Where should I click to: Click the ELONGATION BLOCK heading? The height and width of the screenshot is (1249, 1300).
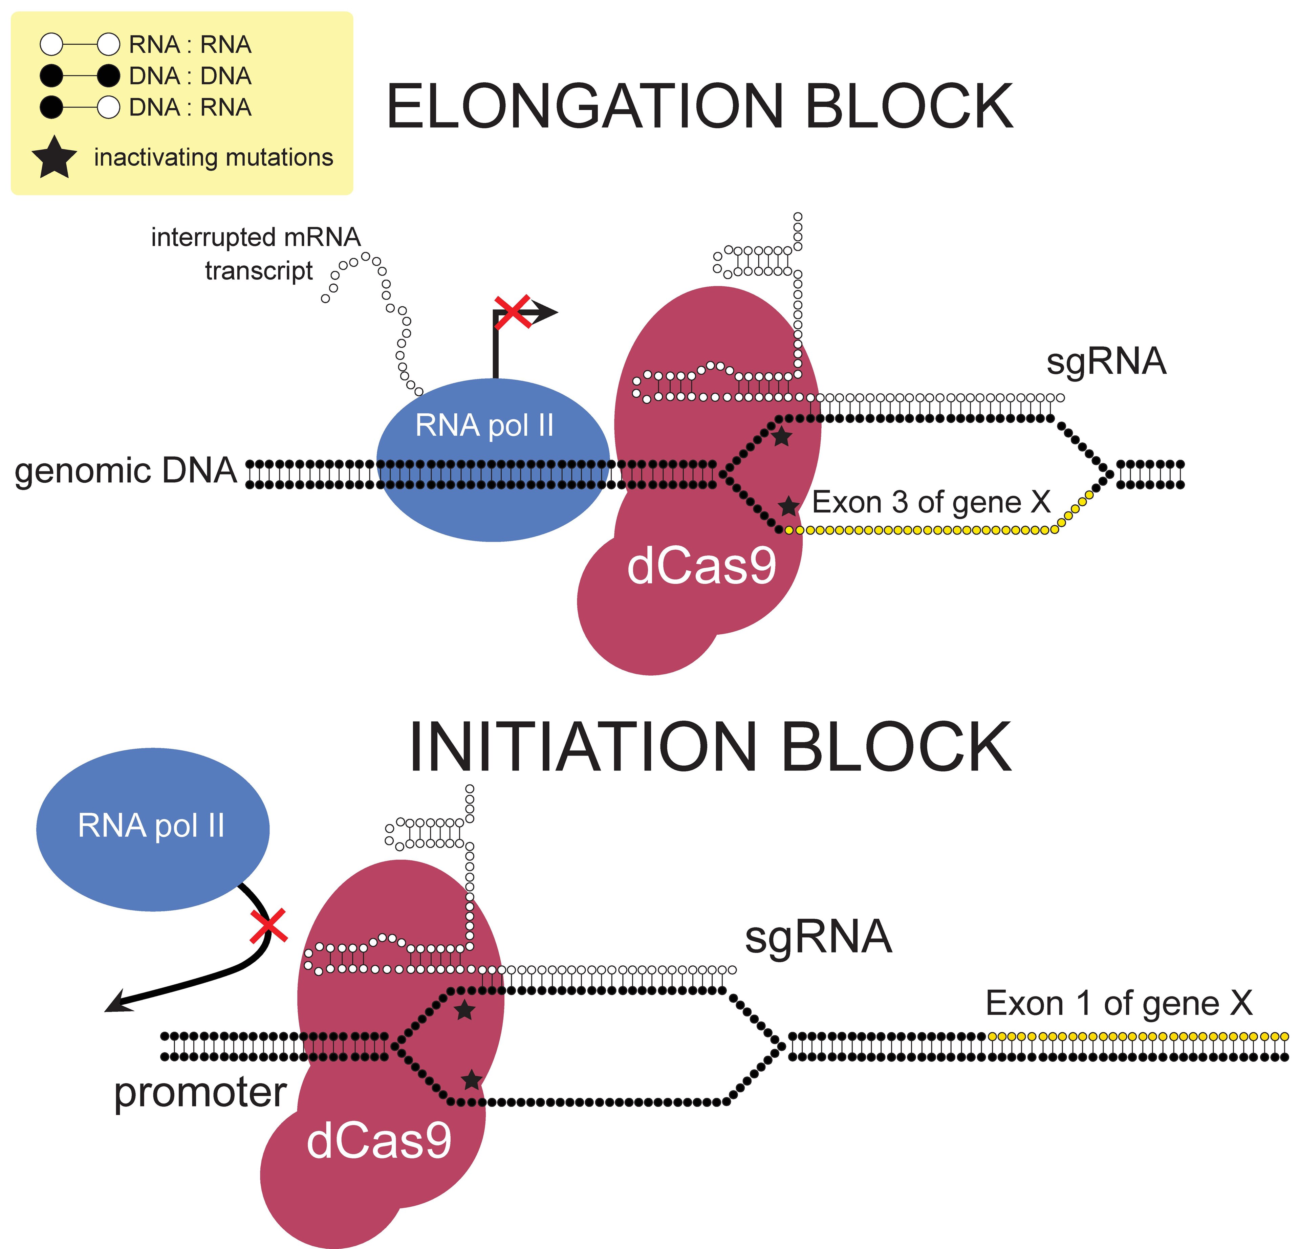(700, 106)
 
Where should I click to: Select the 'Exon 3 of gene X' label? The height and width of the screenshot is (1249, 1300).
(932, 502)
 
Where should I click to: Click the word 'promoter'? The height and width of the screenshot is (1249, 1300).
(200, 1093)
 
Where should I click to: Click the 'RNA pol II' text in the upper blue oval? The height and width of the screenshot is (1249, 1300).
(484, 425)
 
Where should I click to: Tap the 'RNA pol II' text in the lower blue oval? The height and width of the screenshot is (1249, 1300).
(151, 826)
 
